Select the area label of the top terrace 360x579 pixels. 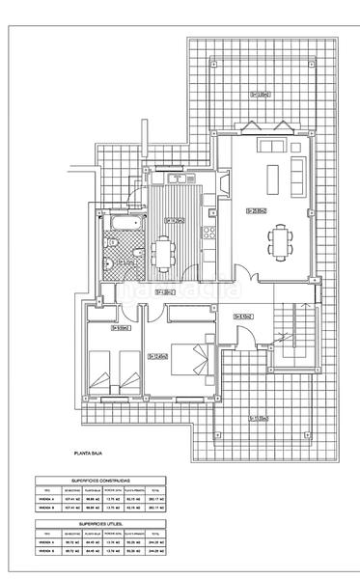coord(260,95)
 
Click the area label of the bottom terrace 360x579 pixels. coord(258,418)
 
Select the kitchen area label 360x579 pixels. coord(175,220)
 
